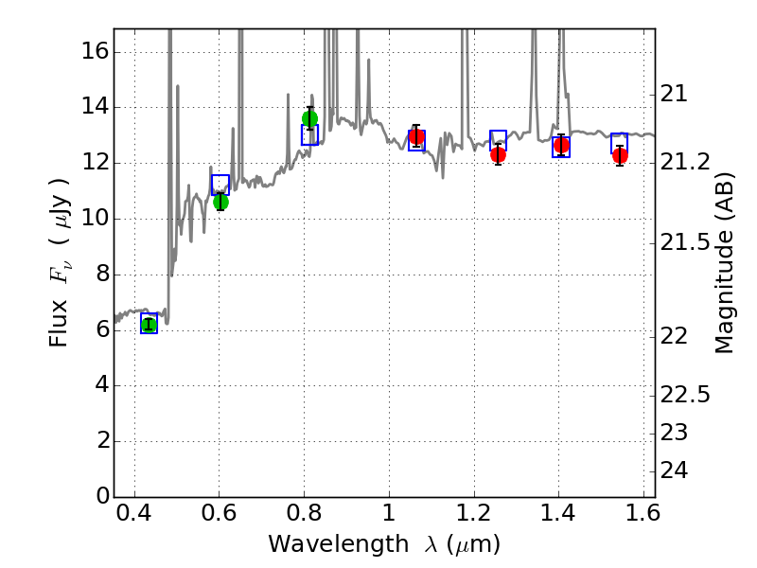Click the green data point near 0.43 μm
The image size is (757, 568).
point(149,325)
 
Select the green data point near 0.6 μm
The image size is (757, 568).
point(220,202)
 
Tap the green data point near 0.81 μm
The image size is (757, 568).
point(309,118)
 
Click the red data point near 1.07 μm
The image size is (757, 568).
point(415,136)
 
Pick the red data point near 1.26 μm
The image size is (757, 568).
point(498,154)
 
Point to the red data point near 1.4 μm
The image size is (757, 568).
point(561,145)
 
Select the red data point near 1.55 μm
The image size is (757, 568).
point(620,155)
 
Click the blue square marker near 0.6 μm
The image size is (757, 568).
point(220,185)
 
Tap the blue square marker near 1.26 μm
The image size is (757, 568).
point(498,140)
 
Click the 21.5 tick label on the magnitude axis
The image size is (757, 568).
point(685,243)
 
